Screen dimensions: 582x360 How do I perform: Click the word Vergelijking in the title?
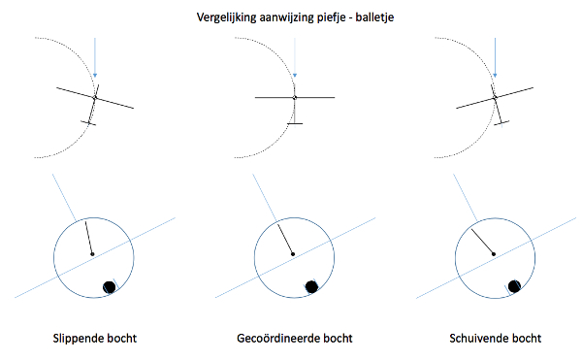(x=226, y=17)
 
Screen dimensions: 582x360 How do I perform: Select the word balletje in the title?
(x=374, y=17)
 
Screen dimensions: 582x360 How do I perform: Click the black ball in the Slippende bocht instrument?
(x=109, y=287)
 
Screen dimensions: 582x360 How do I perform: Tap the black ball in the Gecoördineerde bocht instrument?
(x=311, y=286)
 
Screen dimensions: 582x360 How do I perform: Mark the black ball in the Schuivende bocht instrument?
(x=514, y=286)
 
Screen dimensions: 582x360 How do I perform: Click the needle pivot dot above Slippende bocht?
(x=92, y=254)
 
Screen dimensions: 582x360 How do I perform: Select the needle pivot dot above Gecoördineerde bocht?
(x=293, y=254)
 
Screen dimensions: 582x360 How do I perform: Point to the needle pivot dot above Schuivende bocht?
(x=494, y=254)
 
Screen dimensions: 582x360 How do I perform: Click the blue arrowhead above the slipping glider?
(x=95, y=76)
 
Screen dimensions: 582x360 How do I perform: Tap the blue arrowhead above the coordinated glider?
(x=295, y=76)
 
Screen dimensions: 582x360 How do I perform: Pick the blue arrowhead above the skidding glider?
(x=495, y=76)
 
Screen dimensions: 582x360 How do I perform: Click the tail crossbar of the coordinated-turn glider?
(x=295, y=123)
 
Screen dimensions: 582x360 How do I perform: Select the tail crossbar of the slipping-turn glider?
(x=88, y=123)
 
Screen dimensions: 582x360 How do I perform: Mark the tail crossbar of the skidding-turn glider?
(x=501, y=122)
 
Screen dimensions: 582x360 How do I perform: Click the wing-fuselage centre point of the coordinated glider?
(x=295, y=98)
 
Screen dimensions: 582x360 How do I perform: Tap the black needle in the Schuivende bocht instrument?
(x=482, y=242)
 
